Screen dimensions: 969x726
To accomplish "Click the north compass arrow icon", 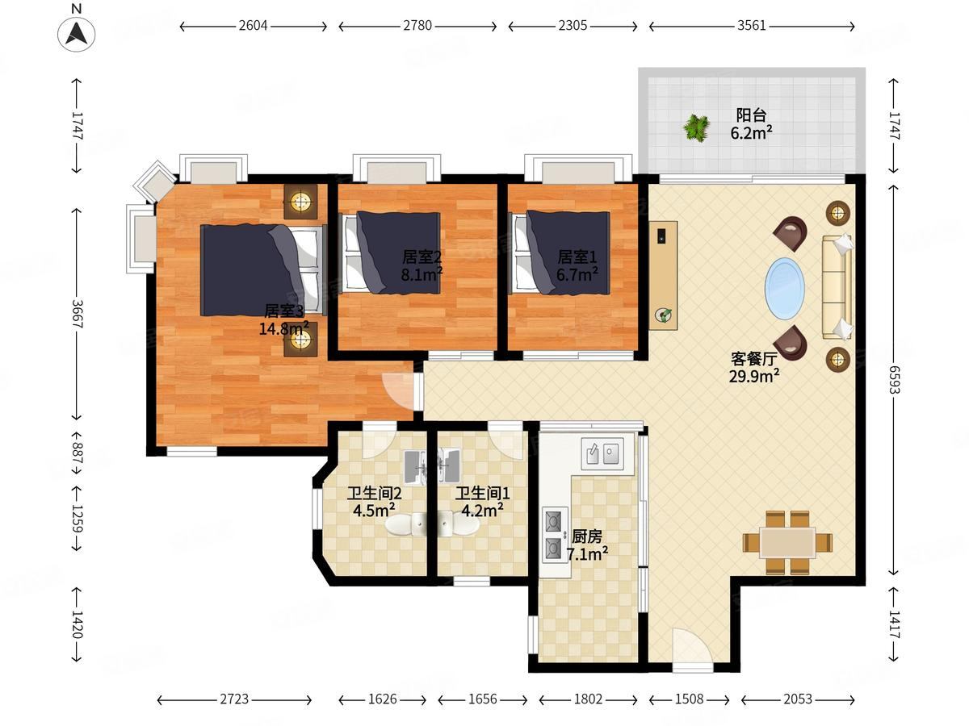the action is point(77,33).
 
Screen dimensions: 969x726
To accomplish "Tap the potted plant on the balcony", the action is point(696,127).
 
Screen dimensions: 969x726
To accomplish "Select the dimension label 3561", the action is point(751,26).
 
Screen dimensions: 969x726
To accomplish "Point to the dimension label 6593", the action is point(894,379).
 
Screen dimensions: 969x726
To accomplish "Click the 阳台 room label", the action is point(751,115).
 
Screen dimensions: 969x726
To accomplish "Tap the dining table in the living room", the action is point(787,543).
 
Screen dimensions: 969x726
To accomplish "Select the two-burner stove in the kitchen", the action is point(555,534).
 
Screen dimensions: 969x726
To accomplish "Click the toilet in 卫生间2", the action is point(405,525).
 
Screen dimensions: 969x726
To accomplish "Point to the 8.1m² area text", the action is point(422,273).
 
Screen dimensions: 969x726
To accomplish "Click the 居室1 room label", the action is point(577,257).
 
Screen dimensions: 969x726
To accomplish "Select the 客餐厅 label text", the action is point(753,359).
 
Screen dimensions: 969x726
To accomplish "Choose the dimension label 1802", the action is point(588,699).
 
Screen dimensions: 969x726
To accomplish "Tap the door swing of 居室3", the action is point(397,392).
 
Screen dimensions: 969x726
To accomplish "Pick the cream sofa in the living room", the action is point(837,287).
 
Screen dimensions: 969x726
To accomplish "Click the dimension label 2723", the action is point(234,699).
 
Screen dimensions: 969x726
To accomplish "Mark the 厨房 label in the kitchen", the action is point(587,537).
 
